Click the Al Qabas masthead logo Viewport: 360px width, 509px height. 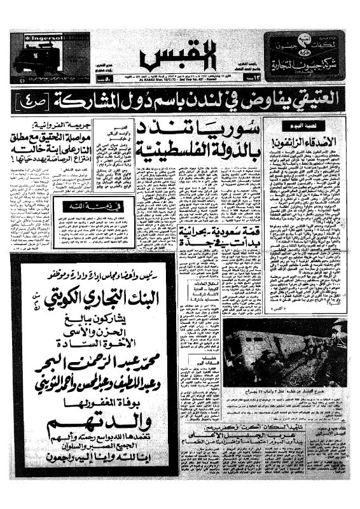point(181,56)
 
